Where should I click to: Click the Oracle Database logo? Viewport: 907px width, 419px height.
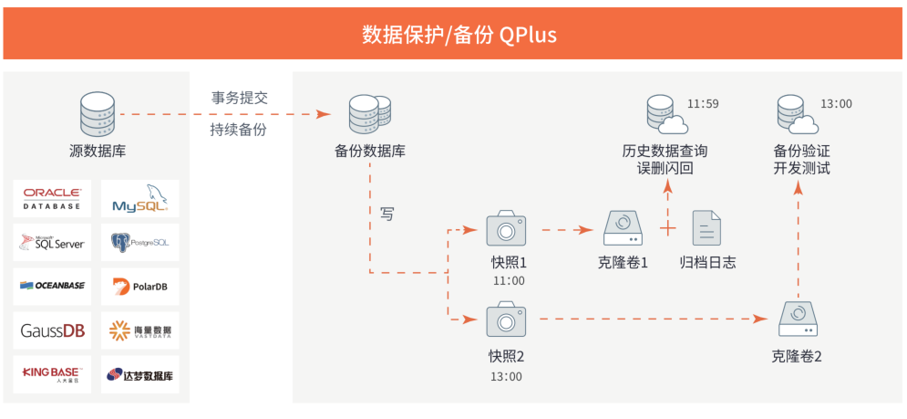pyautogui.click(x=52, y=199)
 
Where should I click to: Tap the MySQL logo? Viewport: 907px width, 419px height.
pyautogui.click(x=139, y=199)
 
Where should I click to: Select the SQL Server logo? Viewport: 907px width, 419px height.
pyautogui.click(x=52, y=243)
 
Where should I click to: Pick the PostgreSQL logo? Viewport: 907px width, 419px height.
pyautogui.click(x=139, y=243)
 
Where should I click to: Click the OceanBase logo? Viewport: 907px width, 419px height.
pyautogui.click(x=52, y=287)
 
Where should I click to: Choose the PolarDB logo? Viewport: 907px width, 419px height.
pyautogui.click(x=139, y=287)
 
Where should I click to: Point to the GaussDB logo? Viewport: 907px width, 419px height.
pyautogui.click(x=52, y=330)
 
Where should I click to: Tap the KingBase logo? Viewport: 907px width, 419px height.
pyautogui.click(x=52, y=373)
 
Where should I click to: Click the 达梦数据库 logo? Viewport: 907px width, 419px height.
pyautogui.click(x=139, y=373)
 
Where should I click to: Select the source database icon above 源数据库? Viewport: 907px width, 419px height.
pyautogui.click(x=97, y=114)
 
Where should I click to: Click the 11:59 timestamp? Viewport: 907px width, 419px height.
pyautogui.click(x=703, y=104)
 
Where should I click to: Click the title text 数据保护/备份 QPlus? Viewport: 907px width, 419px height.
pyautogui.click(x=453, y=35)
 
